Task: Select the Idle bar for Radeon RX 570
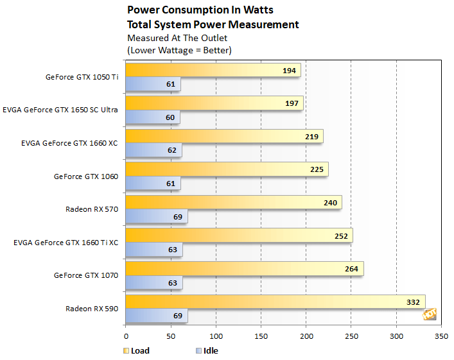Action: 156,216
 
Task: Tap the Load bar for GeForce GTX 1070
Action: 244,268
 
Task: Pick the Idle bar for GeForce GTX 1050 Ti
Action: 153,84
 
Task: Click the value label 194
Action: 290,71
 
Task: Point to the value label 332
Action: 414,302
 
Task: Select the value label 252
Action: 341,236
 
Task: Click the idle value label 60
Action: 170,117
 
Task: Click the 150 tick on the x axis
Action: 261,335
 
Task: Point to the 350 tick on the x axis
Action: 441,335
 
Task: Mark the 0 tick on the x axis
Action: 126,335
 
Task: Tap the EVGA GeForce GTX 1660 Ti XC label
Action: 65,242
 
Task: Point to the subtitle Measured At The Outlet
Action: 170,38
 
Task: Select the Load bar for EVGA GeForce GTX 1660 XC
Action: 224,136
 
